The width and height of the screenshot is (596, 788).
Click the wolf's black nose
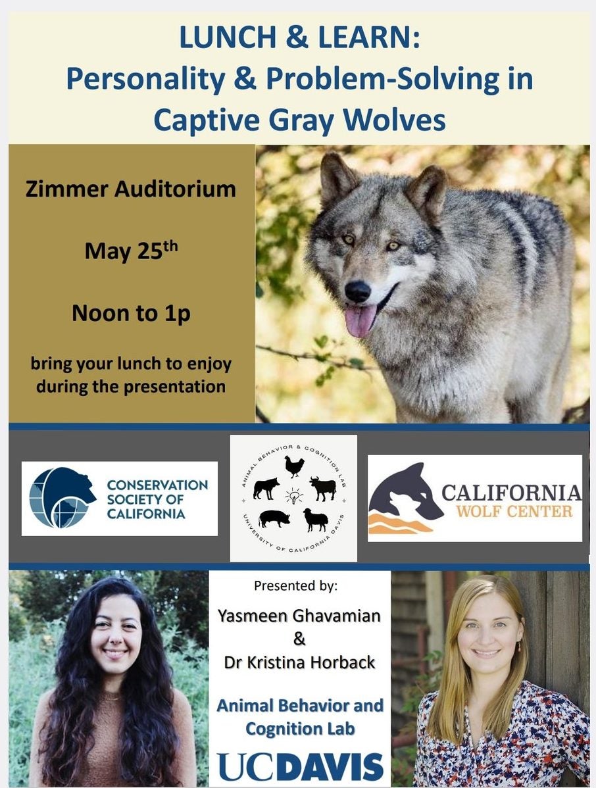358,291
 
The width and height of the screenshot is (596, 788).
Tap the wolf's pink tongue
360,320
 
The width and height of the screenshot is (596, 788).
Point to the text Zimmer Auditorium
131,189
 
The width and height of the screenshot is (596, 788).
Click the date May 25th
131,250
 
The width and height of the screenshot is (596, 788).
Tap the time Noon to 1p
131,313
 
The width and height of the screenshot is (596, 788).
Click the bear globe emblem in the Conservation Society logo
61,497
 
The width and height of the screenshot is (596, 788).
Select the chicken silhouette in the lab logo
295,466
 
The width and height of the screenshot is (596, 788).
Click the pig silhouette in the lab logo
274,518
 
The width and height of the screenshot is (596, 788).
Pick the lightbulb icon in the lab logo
294,496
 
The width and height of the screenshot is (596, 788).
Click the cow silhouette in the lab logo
322,488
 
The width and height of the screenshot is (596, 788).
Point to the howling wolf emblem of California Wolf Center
405,498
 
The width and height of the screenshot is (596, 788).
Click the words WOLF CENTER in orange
514,512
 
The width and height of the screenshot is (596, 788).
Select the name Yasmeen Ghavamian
299,616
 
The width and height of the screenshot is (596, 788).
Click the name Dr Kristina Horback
299,662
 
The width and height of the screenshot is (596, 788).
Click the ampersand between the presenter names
299,639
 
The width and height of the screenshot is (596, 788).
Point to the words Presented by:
296,585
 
